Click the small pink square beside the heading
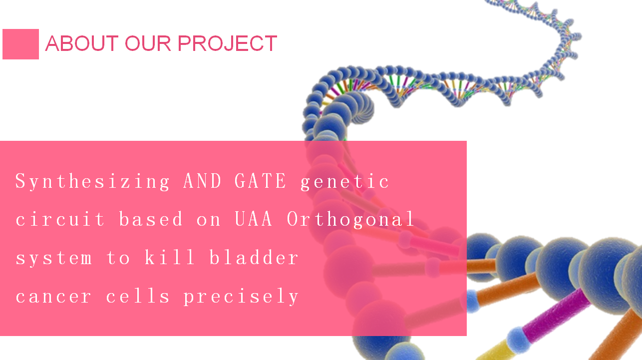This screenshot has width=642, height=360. [x=20, y=44]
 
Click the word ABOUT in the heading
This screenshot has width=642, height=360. [x=82, y=43]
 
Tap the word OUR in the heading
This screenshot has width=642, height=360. [x=148, y=43]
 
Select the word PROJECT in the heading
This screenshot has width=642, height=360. [x=228, y=43]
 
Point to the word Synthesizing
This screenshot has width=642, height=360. [x=92, y=182]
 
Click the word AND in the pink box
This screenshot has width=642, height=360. [x=202, y=181]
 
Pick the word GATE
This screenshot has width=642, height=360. [x=260, y=181]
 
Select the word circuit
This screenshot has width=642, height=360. [x=60, y=219]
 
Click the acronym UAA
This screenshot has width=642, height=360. [x=254, y=219]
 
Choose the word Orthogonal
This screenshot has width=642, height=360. [x=350, y=220]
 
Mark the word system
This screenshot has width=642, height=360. [x=53, y=258]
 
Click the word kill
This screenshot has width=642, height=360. [x=170, y=257]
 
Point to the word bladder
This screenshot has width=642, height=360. [x=254, y=257]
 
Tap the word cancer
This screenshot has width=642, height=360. [x=53, y=297]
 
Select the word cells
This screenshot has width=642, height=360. [x=138, y=296]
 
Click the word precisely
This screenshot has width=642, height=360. [x=241, y=297]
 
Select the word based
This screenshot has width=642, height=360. [x=150, y=219]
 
